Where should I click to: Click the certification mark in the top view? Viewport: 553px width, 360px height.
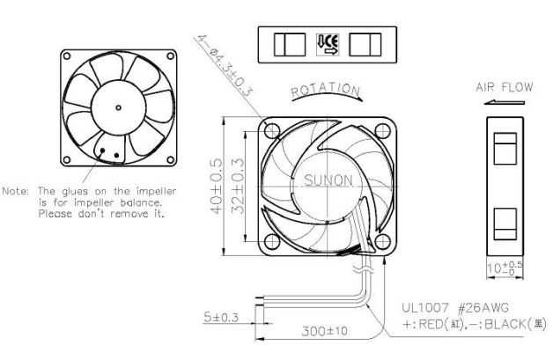point(326,43)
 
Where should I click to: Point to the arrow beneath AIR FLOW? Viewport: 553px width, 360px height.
point(505,103)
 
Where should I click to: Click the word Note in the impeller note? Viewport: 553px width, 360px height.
point(17,191)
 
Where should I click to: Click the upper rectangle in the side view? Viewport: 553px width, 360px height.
point(505,147)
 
